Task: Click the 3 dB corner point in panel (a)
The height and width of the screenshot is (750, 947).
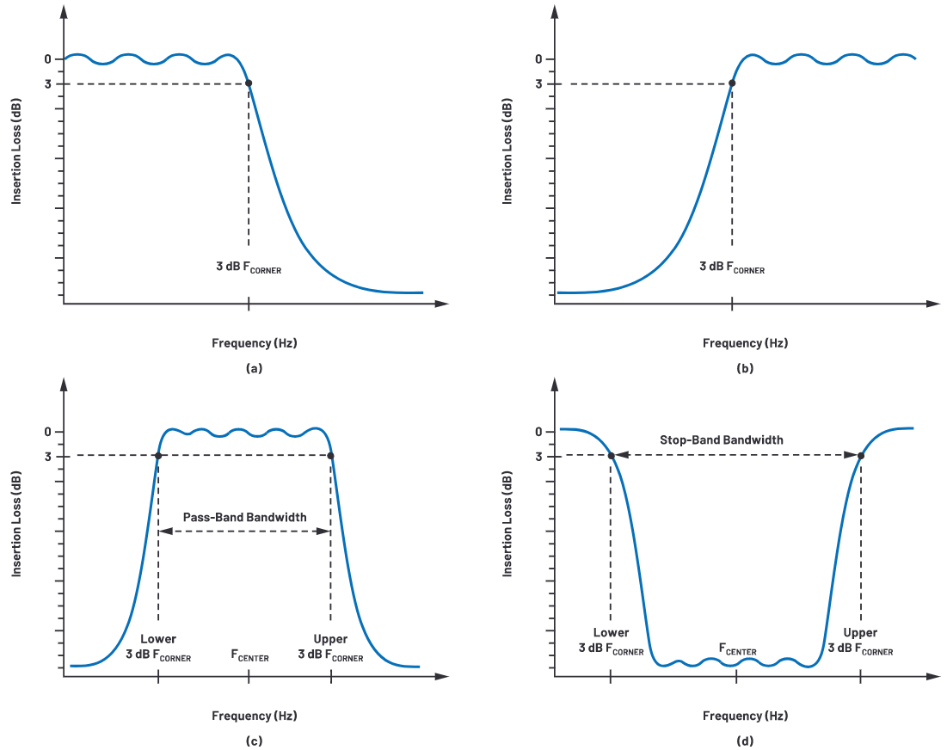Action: coord(249,83)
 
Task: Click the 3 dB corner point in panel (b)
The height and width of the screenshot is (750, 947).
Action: coord(732,83)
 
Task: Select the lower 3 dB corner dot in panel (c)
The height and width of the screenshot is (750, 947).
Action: coord(158,456)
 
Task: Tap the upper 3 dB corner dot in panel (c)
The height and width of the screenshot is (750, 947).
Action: coord(331,456)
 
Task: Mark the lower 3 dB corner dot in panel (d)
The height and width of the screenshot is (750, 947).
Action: coord(611,456)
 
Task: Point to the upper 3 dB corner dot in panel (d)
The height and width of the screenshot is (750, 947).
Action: coord(860,456)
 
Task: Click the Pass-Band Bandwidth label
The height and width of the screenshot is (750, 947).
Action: coord(245,518)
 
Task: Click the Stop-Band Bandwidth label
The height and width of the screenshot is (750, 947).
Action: coord(722,440)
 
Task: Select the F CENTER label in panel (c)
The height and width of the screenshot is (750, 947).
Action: coord(249,656)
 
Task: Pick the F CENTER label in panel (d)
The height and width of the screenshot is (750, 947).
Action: coord(737,650)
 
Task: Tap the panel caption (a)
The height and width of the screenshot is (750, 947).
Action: coord(254,368)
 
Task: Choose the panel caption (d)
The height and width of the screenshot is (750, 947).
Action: coord(745,741)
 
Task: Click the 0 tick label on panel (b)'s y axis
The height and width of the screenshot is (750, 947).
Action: coord(538,59)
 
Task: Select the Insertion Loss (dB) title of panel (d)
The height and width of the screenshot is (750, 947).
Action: coord(508,524)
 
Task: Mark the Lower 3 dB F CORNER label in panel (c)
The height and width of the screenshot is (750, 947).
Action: coord(158,648)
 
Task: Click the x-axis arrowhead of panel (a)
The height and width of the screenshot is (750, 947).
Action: coord(442,304)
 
